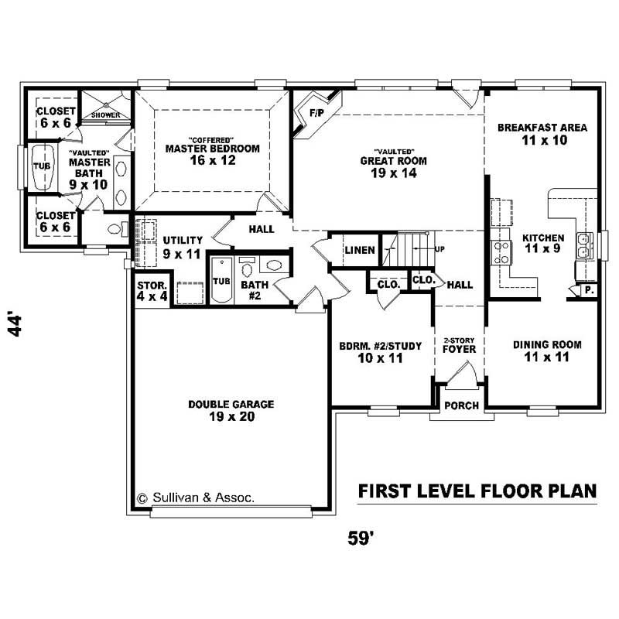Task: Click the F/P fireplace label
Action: point(316,113)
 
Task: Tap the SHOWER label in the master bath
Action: point(106,115)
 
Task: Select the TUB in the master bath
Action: point(40,166)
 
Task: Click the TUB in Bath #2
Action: point(221,280)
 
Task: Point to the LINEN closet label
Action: point(361,250)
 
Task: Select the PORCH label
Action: point(462,405)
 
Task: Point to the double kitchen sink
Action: point(583,244)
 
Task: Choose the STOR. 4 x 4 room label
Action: point(152,290)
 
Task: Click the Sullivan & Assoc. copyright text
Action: point(195,498)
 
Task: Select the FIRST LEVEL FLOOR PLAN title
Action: point(477,491)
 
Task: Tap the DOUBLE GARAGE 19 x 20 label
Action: point(221,410)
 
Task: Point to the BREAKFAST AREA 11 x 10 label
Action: point(542,134)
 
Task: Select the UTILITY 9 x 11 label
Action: point(183,247)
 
